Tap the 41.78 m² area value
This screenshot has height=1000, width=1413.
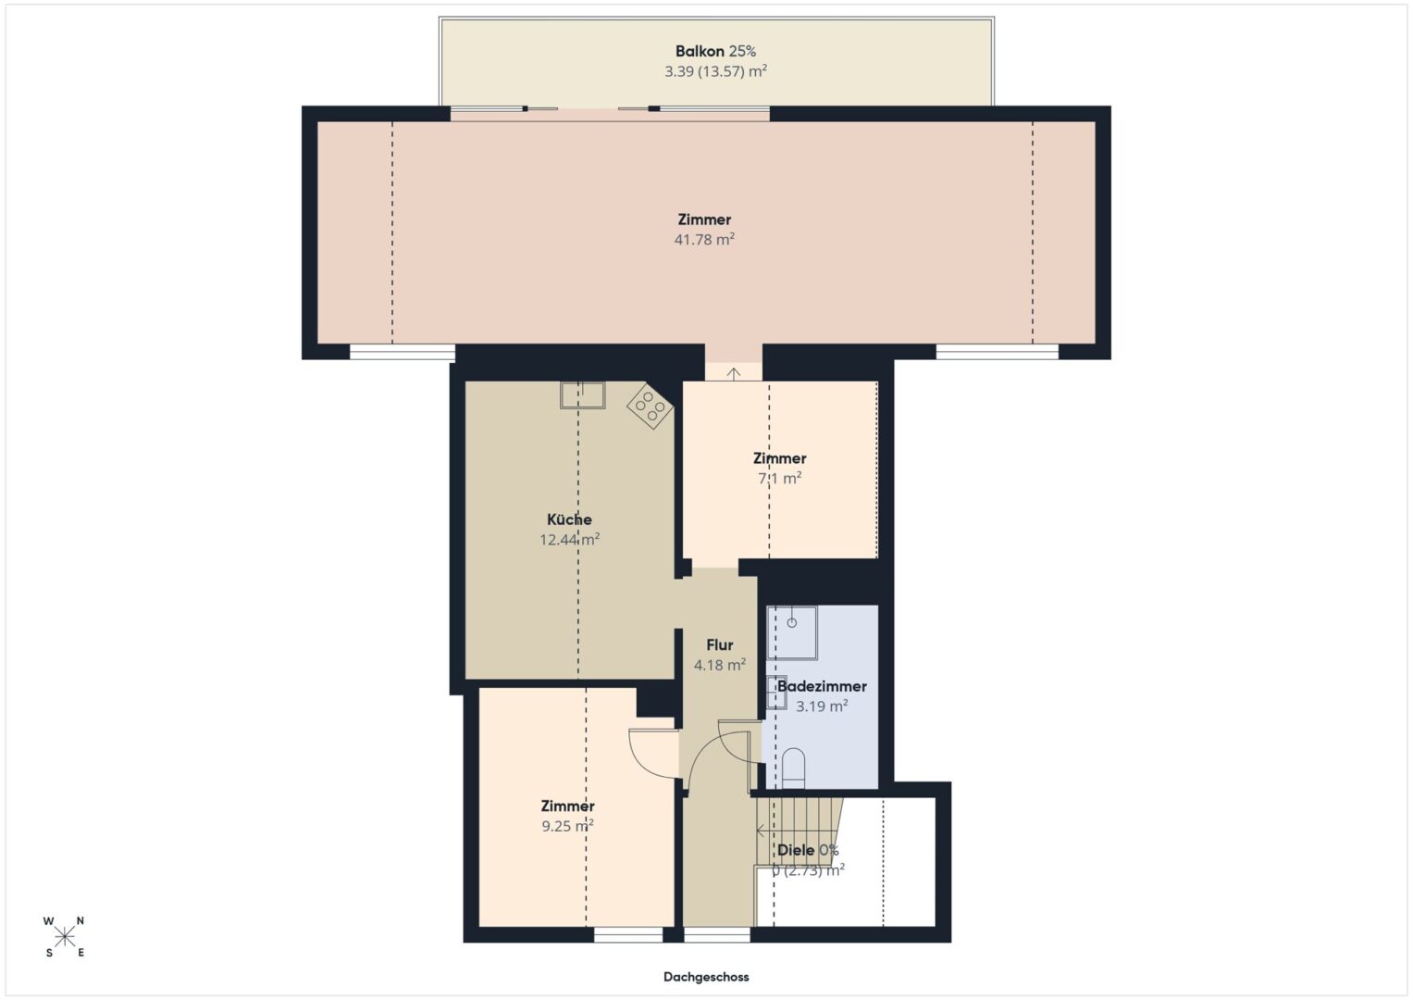click(704, 239)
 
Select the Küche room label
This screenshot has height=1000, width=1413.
click(569, 519)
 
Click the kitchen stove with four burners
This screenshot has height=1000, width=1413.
click(649, 406)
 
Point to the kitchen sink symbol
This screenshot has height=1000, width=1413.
click(582, 395)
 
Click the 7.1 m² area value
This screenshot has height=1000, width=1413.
click(779, 478)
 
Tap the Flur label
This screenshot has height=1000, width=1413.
click(719, 645)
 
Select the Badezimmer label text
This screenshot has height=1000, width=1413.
click(822, 686)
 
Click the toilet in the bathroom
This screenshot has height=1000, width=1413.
click(793, 769)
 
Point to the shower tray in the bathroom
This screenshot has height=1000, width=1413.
click(792, 632)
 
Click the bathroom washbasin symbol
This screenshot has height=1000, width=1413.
click(776, 693)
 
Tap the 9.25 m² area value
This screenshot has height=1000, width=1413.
click(567, 826)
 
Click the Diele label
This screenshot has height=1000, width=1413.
click(796, 850)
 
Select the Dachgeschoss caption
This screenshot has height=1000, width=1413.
click(706, 977)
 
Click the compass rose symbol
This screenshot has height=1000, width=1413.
click(65, 937)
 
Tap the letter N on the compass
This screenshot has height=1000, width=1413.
click(81, 920)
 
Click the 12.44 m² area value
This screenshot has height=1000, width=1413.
click(569, 540)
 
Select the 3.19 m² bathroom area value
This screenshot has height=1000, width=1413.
click(822, 706)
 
